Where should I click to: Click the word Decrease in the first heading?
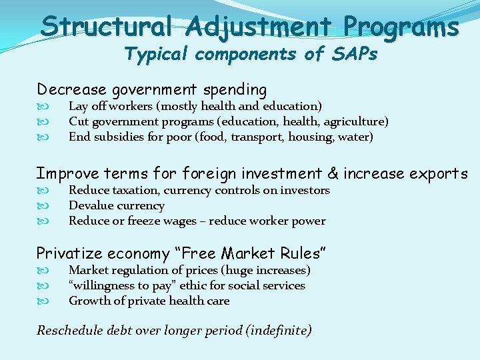pos(70,89)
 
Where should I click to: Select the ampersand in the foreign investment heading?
pos(333,174)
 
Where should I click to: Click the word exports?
pos(439,174)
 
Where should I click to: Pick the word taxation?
pos(131,190)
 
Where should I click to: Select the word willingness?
pos(101,285)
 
